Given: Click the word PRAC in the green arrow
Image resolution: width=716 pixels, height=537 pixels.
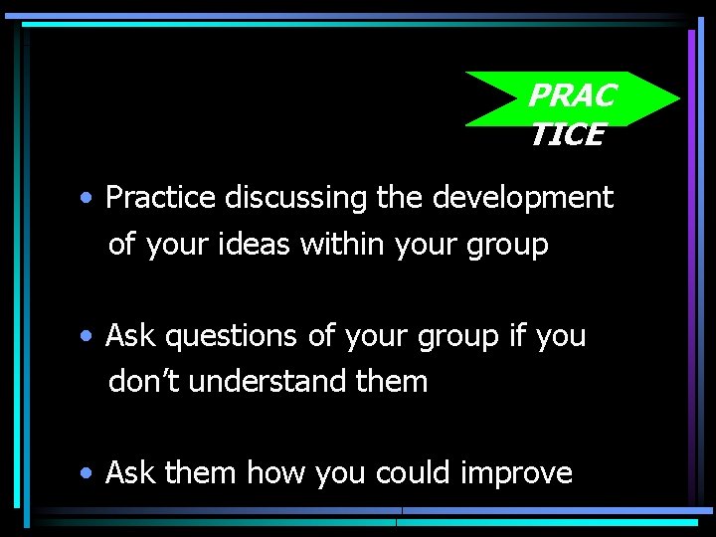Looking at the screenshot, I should pyautogui.click(x=571, y=96).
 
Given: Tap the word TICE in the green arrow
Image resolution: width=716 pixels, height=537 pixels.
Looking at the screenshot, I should pyautogui.click(x=567, y=135).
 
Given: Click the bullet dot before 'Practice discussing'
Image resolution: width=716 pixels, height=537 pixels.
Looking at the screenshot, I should pyautogui.click(x=89, y=199).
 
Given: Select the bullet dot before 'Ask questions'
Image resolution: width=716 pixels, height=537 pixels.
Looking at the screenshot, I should pyautogui.click(x=89, y=337).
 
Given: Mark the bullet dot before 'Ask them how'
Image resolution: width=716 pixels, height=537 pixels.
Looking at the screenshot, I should pyautogui.click(x=89, y=473).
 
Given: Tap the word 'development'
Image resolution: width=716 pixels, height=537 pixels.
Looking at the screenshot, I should pyautogui.click(x=522, y=198).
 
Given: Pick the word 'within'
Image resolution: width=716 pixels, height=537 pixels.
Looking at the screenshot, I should pyautogui.click(x=334, y=244).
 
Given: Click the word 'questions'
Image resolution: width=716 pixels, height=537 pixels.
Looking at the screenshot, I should pyautogui.click(x=232, y=337).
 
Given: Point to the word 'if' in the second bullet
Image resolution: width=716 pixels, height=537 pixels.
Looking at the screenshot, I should pyautogui.click(x=517, y=336).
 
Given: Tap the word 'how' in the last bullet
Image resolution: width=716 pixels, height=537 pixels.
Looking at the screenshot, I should pyautogui.click(x=276, y=472).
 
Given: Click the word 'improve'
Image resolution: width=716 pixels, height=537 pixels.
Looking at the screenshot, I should pyautogui.click(x=517, y=473).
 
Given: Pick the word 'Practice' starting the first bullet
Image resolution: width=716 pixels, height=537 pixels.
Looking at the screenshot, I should pyautogui.click(x=160, y=198).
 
